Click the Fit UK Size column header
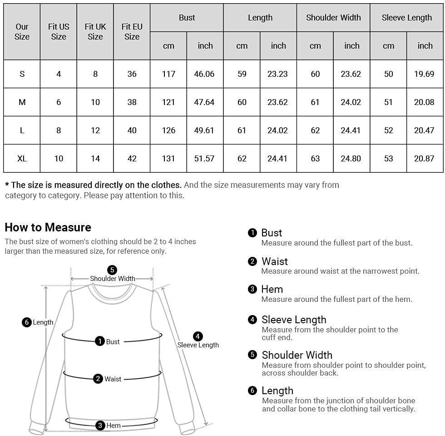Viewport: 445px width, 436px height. pyautogui.click(x=95, y=31)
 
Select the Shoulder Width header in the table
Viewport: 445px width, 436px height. pyautogui.click(x=333, y=18)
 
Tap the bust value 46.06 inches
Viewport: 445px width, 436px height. pyautogui.click(x=204, y=74)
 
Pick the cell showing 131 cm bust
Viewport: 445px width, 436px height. pyautogui.click(x=168, y=158)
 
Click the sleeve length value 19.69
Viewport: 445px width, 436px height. pyautogui.click(x=424, y=74)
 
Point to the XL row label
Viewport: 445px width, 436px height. pyautogui.click(x=22, y=158)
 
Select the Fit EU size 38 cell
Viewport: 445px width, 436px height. pyautogui.click(x=132, y=102)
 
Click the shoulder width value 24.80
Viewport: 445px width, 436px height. pyautogui.click(x=351, y=158)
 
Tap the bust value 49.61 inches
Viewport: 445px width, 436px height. pyautogui.click(x=204, y=130)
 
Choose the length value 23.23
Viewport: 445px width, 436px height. pyautogui.click(x=277, y=74)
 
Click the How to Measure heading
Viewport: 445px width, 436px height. pyautogui.click(x=48, y=227)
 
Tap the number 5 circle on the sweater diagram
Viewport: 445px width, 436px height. pyautogui.click(x=112, y=270)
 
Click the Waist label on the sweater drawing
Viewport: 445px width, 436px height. pyautogui.click(x=113, y=379)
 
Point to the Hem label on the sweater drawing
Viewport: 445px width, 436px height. pyautogui.click(x=114, y=426)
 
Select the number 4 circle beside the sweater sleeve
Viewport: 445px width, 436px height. pyautogui.click(x=198, y=336)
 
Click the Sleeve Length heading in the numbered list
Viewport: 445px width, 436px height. pyautogui.click(x=294, y=320)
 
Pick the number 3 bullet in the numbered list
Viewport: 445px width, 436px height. pyautogui.click(x=252, y=289)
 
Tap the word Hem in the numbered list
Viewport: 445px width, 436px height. pyautogui.click(x=272, y=289)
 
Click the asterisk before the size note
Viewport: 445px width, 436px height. pyautogui.click(x=7, y=185)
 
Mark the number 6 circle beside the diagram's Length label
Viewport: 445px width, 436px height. pyautogui.click(x=27, y=322)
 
